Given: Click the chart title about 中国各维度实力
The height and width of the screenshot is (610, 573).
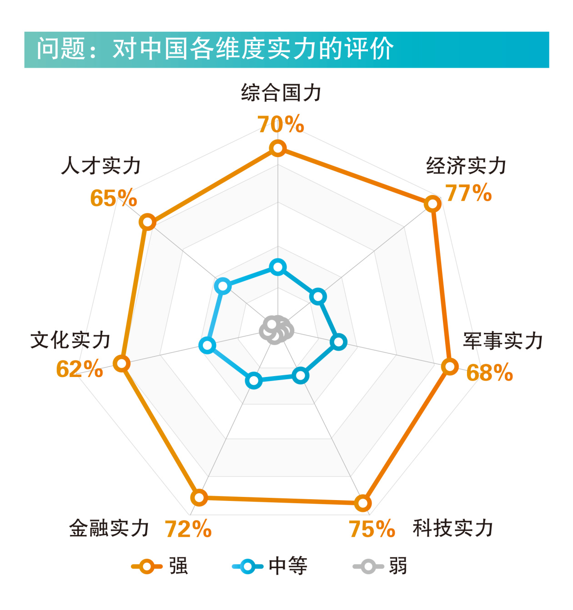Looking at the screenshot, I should (x=215, y=49).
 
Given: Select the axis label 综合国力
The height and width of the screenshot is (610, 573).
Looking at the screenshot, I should (x=281, y=93).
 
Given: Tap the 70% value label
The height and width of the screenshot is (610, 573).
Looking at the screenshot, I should (x=281, y=124).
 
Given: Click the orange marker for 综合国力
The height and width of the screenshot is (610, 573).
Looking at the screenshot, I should (x=277, y=148).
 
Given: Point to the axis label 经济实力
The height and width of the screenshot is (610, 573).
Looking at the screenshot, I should (x=466, y=166).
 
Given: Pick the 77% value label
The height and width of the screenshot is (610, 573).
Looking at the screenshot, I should (x=468, y=193).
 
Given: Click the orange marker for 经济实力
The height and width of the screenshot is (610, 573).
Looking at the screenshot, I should (x=432, y=203).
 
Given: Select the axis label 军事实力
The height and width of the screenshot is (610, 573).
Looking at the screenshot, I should (x=503, y=341).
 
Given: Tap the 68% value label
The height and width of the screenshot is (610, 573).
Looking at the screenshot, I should (x=490, y=373).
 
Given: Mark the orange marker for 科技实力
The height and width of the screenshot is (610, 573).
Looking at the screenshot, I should (x=362, y=503).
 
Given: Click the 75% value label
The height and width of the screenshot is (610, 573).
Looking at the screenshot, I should (x=372, y=529).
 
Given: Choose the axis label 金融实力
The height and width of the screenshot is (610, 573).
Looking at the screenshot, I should (x=109, y=528).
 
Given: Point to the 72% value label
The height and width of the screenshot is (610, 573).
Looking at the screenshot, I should (x=188, y=529).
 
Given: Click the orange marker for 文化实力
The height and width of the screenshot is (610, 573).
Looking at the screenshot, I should (x=121, y=363).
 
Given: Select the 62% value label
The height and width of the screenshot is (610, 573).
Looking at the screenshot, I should (x=80, y=369).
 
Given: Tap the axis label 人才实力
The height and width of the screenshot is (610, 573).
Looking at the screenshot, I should (x=101, y=166).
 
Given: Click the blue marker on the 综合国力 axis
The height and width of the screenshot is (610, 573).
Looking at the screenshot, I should (x=277, y=267).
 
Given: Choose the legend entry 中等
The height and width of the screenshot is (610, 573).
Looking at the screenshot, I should (x=271, y=566).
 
